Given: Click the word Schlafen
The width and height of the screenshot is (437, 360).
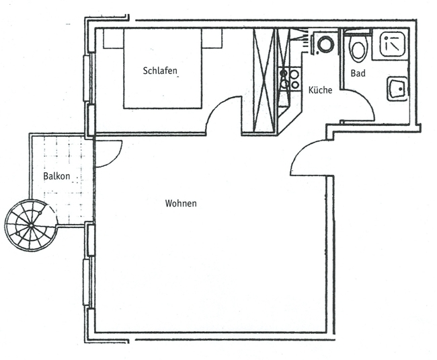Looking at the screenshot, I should pos(163,71).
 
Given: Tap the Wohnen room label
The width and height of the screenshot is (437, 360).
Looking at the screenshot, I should pos(181,203).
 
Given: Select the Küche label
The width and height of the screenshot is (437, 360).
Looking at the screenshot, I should pos(320,90).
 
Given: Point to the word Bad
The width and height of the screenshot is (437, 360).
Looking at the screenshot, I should pos(358,73).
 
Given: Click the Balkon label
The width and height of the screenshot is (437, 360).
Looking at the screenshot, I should pos(57,176).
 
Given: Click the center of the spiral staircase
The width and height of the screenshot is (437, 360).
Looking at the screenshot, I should pos(29,225).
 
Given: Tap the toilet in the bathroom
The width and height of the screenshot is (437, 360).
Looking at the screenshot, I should pos(358,48).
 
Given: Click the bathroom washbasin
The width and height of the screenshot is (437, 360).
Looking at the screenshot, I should pos(396,89).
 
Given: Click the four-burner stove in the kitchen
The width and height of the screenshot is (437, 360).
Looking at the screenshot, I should pos(290,79).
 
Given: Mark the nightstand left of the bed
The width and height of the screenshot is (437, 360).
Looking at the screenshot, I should pos(113,39).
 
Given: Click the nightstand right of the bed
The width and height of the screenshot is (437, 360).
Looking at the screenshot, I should pos(212,39).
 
